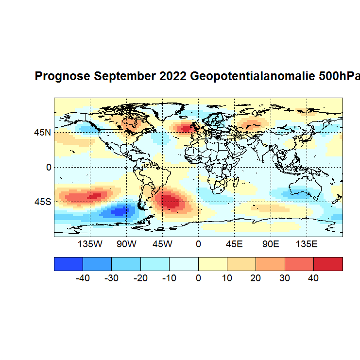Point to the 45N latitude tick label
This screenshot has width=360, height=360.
pyautogui.click(x=42, y=132)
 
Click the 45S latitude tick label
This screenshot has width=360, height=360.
pyautogui.click(x=42, y=201)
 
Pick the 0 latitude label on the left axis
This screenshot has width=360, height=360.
pyautogui.click(x=48, y=167)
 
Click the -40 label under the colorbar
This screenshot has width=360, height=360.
pyautogui.click(x=83, y=278)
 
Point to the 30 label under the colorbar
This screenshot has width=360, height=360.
pyautogui.click(x=285, y=278)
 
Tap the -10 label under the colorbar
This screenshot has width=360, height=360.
pyautogui.click(x=169, y=278)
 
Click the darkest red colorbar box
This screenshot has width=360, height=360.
pyautogui.click(x=328, y=264)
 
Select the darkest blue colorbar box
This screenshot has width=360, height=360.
pyautogui.click(x=69, y=264)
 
